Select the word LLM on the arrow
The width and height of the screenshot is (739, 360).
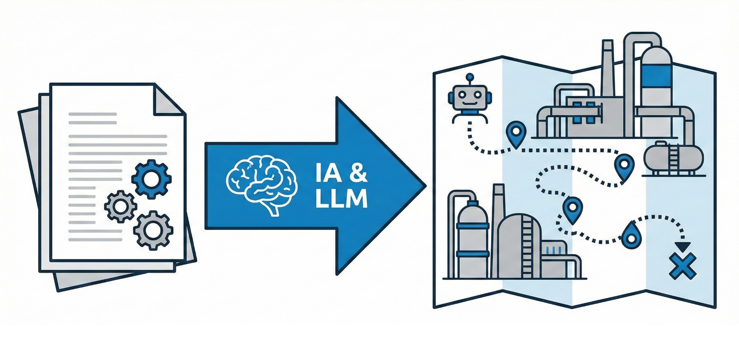[341, 199]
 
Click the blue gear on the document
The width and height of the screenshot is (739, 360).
[151, 179]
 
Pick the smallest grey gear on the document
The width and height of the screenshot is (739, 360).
[120, 206]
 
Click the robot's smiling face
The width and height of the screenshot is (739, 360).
[468, 98]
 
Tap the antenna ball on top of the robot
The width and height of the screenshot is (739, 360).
[469, 77]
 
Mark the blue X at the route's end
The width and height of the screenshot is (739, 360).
[682, 266]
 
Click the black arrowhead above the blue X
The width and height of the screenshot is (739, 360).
[683, 247]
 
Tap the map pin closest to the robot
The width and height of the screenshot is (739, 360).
[516, 133]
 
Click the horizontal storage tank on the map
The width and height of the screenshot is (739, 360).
[673, 157]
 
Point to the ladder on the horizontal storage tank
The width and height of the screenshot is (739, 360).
[673, 159]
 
